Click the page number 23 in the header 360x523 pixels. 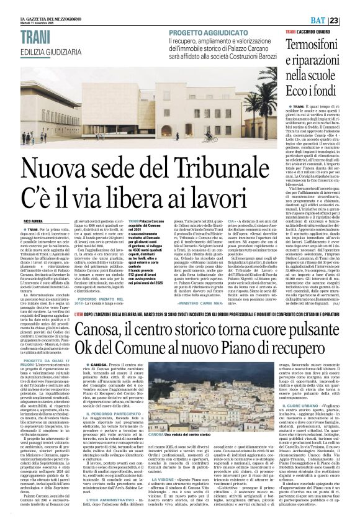(351, 5)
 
